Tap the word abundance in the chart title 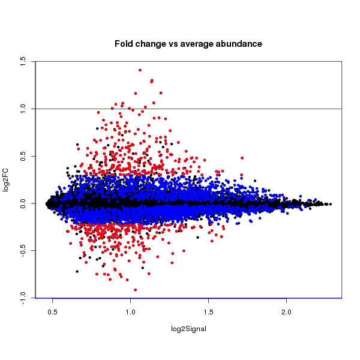coord(233,44)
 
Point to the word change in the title coord(153,44)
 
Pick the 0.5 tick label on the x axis coord(53,313)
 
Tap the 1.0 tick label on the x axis coord(131,313)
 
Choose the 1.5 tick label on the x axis coord(209,313)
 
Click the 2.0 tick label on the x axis coord(287,313)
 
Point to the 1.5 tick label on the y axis coord(22,61)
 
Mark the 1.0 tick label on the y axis coord(22,109)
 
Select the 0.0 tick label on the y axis coord(22,203)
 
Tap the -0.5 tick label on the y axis coord(22,251)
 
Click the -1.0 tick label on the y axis coord(22,298)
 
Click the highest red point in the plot coord(140,70)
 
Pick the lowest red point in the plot coord(135,290)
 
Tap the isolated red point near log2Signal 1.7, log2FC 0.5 coord(242,158)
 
